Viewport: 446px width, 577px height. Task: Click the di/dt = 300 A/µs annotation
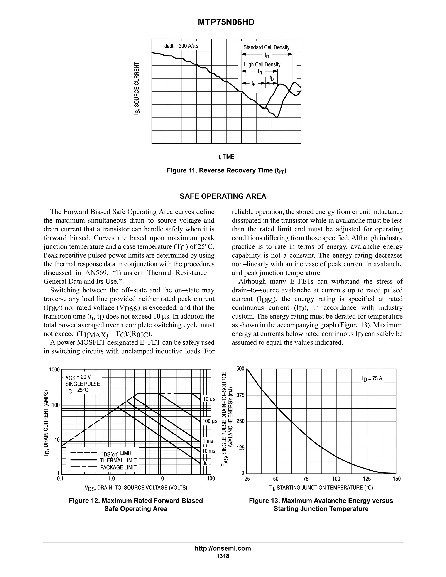(x=181, y=46)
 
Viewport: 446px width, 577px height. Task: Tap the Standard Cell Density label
(x=266, y=47)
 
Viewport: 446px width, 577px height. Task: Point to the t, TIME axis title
(x=226, y=157)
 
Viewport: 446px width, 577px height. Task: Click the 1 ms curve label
(x=208, y=441)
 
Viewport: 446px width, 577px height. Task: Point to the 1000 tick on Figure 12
(x=54, y=370)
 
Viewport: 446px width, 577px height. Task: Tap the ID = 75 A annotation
(x=372, y=379)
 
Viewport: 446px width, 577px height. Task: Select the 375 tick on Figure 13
(x=240, y=395)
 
